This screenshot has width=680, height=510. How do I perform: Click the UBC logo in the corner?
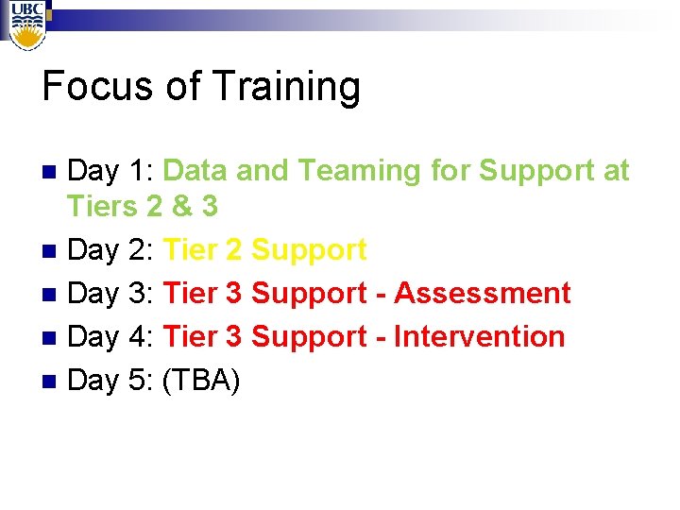[26, 22]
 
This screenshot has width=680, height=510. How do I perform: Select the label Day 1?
[111, 171]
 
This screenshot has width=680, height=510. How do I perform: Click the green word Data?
[195, 171]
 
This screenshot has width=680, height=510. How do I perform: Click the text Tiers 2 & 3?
[142, 206]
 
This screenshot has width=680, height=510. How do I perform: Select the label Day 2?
[111, 250]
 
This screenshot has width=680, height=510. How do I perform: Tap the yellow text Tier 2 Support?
[264, 251]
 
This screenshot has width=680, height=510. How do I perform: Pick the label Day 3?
[111, 294]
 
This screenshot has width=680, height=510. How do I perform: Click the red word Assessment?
[482, 294]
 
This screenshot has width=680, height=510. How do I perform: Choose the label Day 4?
[111, 336]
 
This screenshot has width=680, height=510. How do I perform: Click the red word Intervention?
[479, 336]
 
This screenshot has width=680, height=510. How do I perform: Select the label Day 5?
[111, 380]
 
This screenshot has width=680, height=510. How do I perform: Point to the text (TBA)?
[202, 380]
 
